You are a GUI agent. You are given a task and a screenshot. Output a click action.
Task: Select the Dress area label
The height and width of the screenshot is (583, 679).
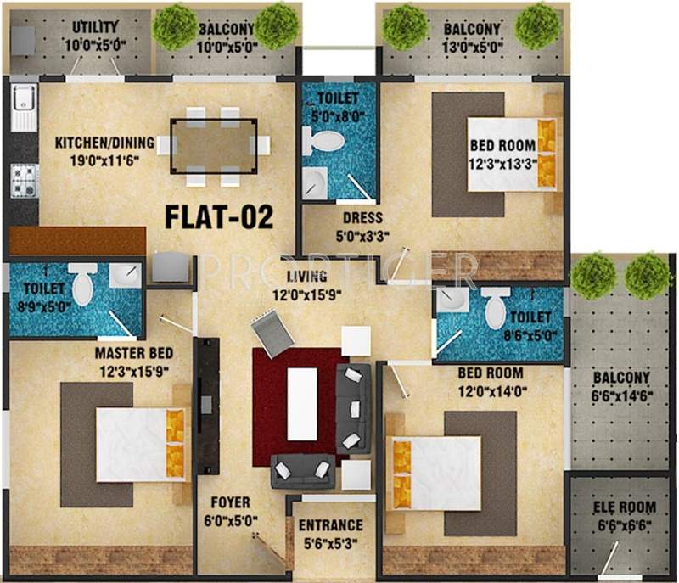pos(362,217)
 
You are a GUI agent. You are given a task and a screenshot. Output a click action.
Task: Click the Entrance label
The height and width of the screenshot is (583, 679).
pos(331,525)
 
